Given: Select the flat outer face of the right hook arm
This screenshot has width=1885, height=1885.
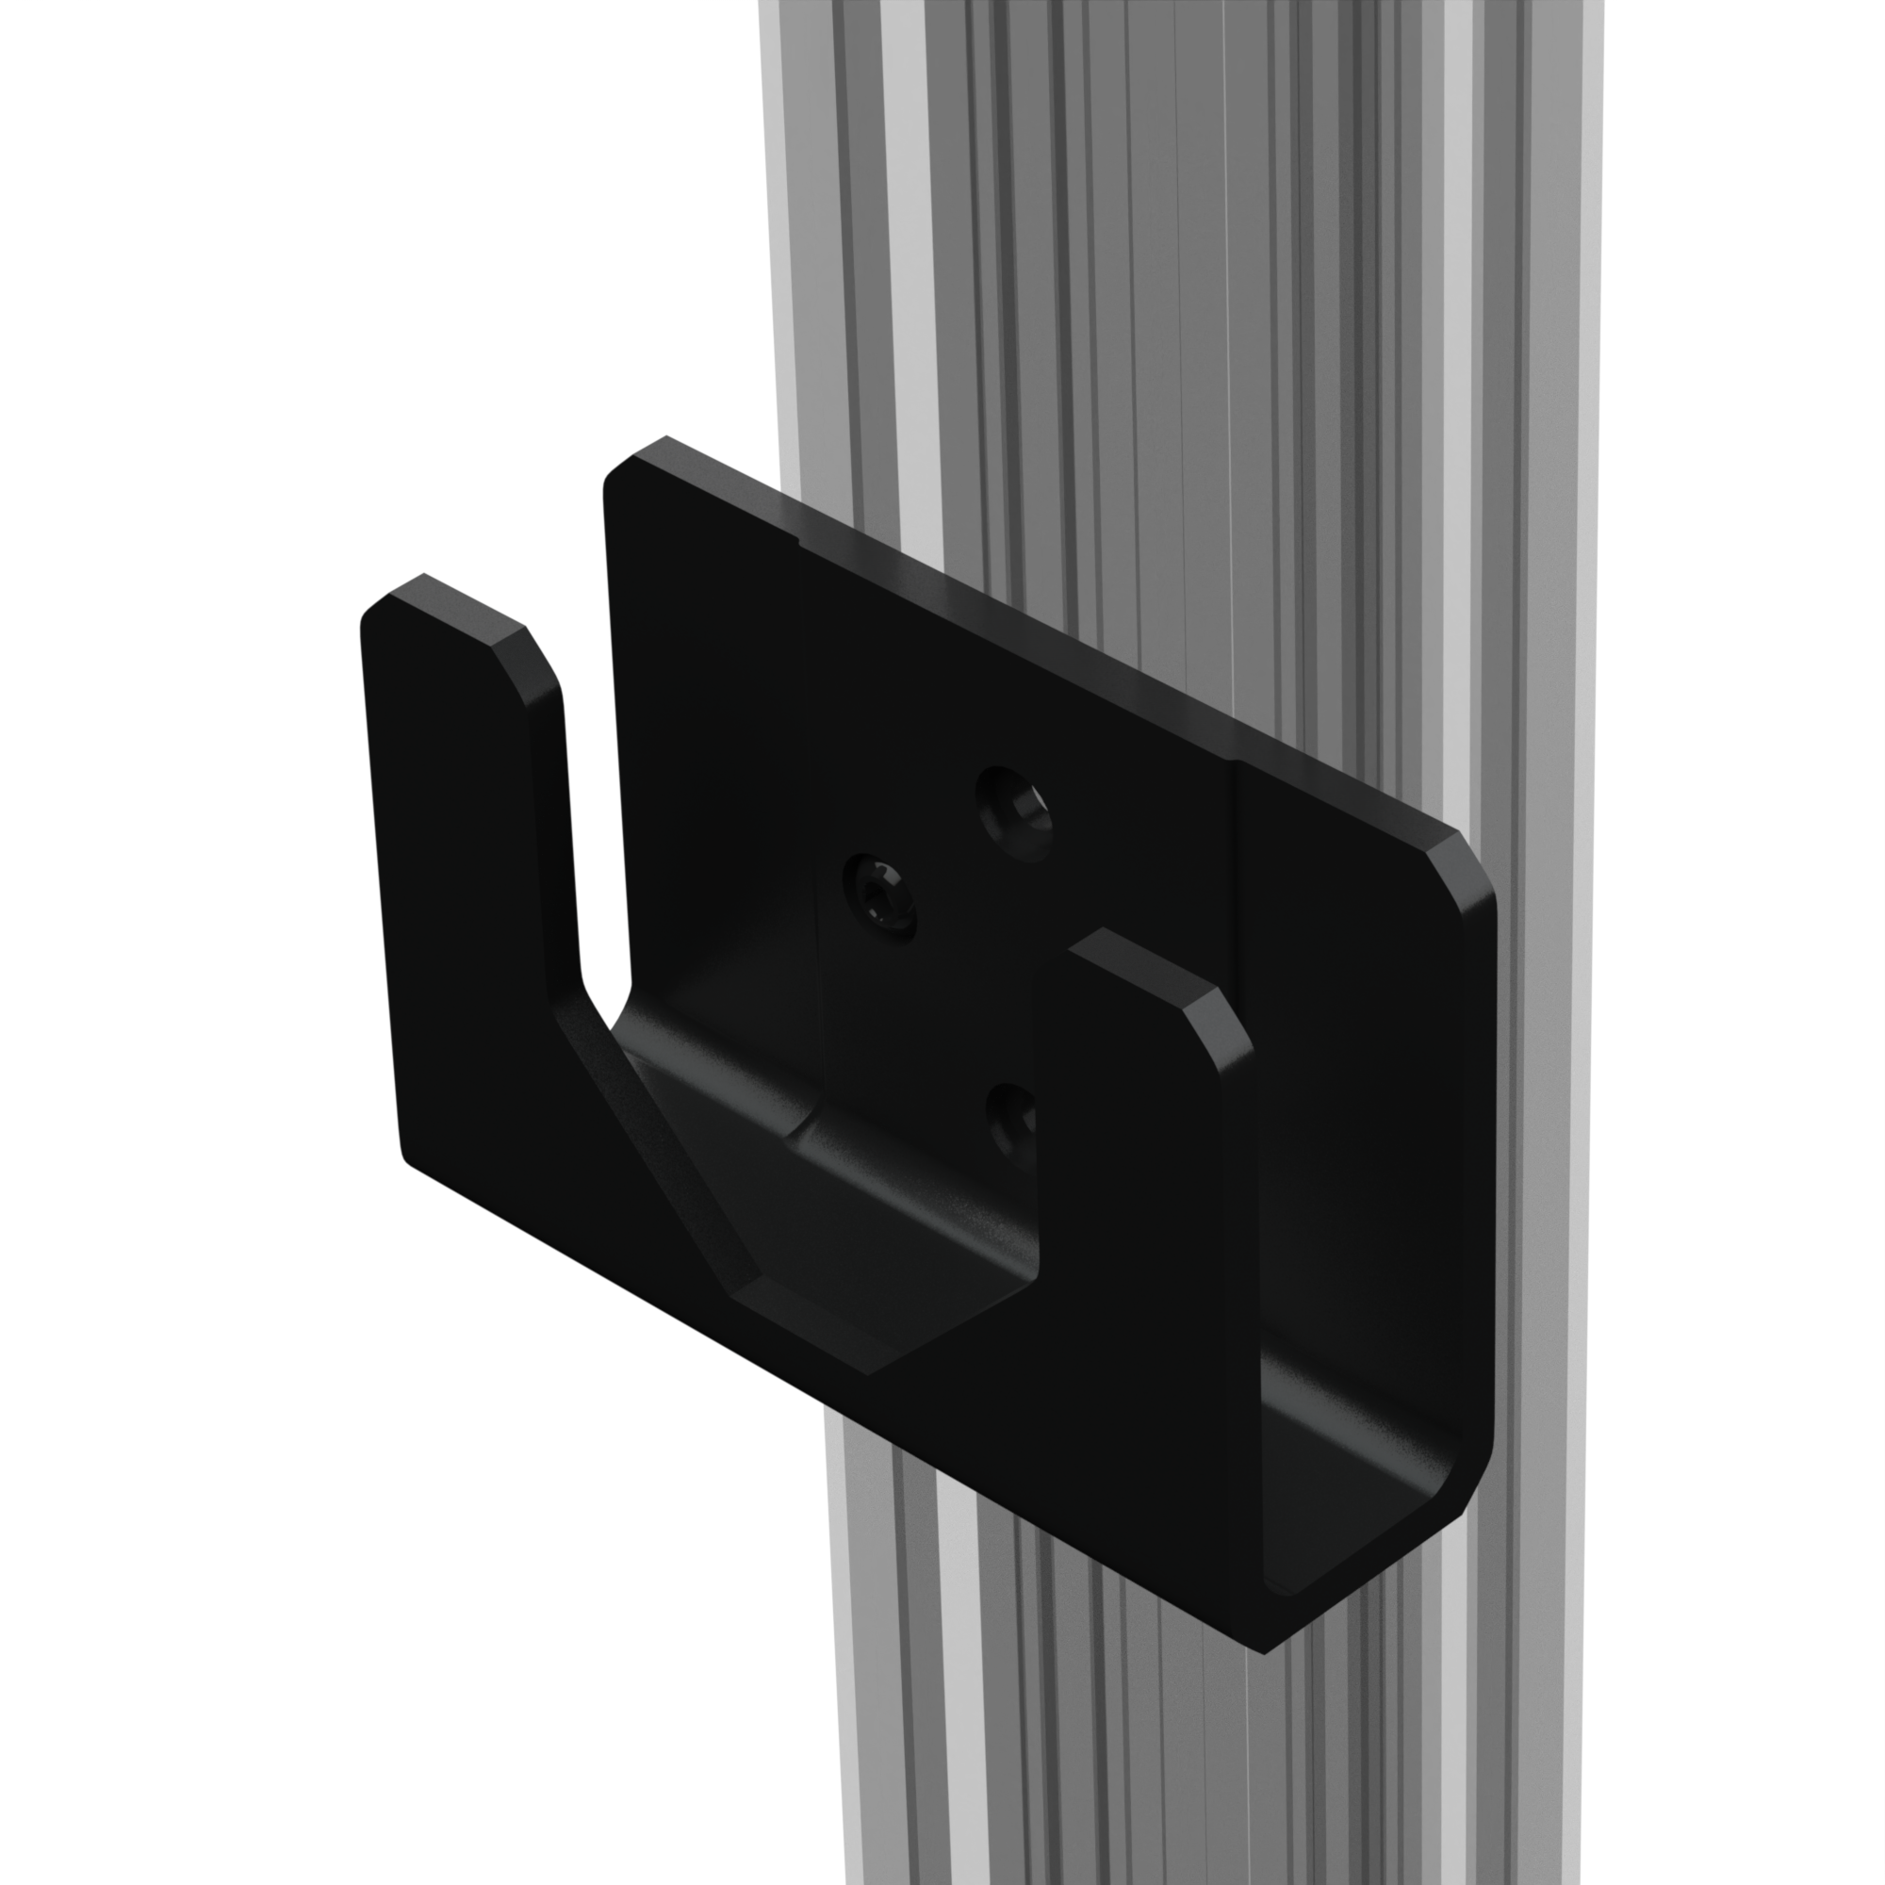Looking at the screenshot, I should click(1141, 1269).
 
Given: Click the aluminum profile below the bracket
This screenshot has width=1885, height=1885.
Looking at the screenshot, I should click(1074, 1756).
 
